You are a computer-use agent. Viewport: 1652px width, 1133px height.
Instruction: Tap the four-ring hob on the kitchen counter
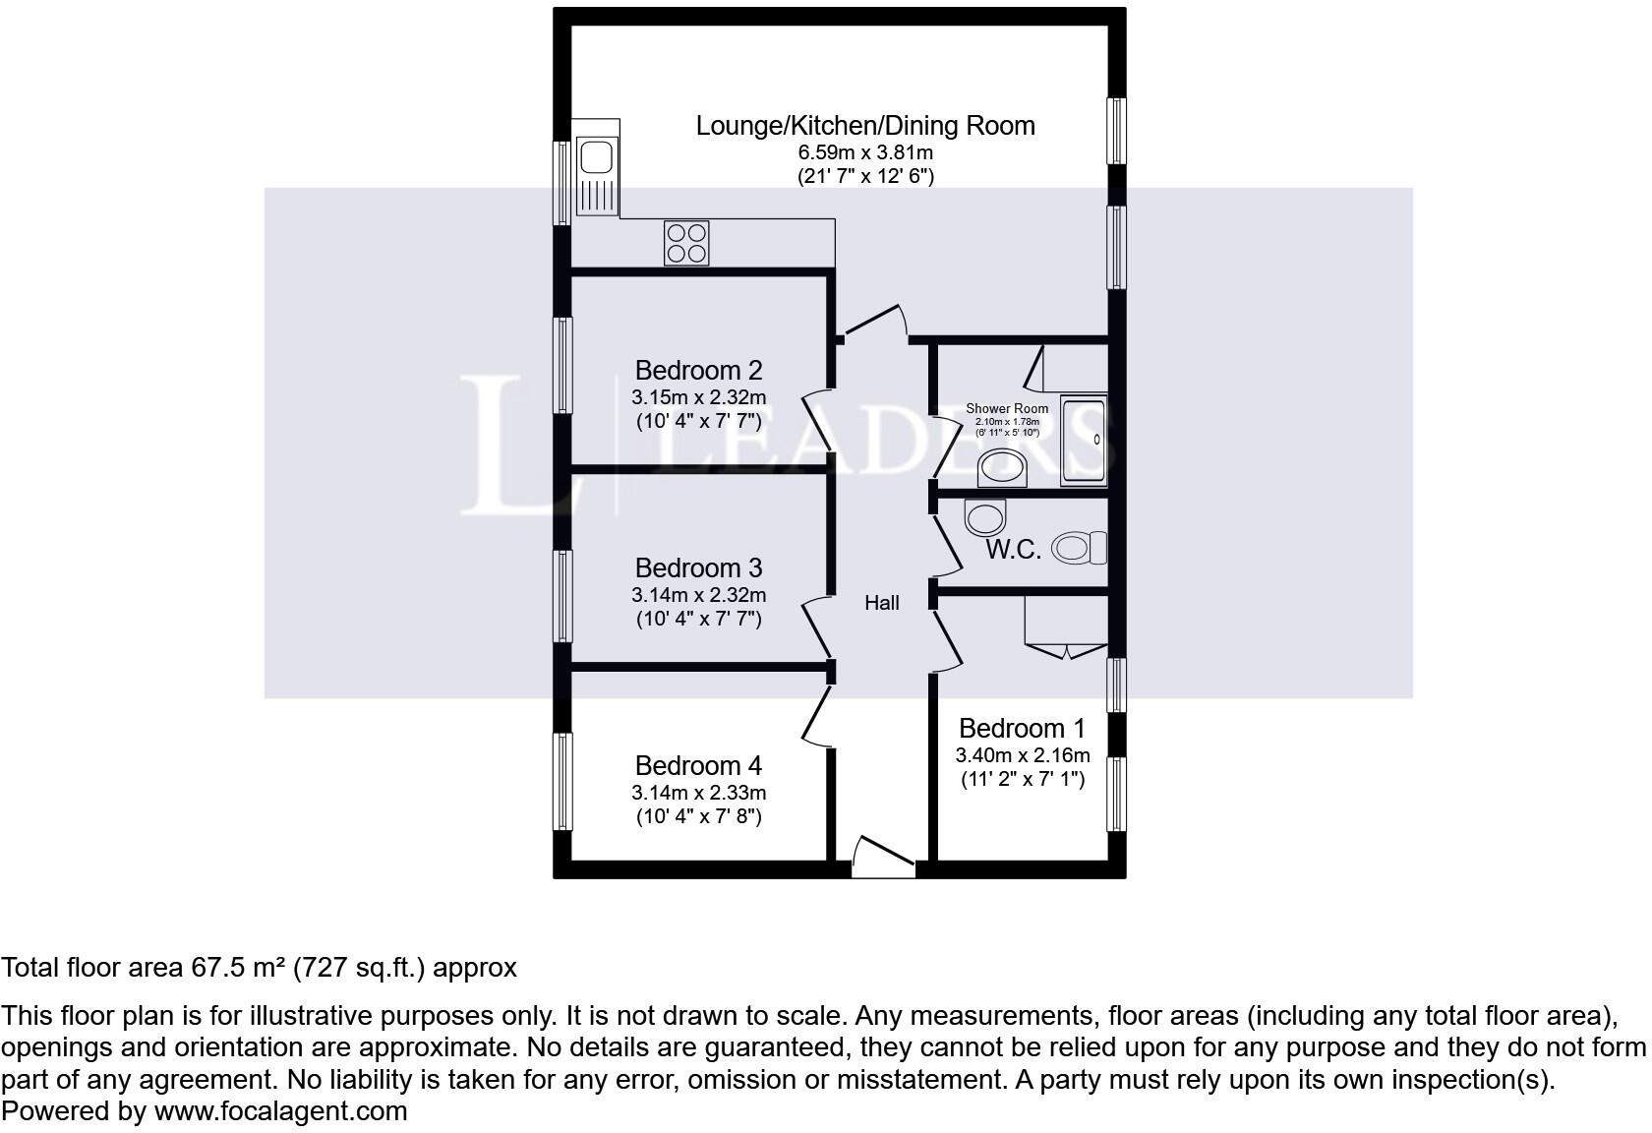point(686,243)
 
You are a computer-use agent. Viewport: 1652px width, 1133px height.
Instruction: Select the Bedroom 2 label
point(698,370)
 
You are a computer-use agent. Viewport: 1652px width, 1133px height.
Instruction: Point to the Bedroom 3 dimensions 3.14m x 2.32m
point(698,594)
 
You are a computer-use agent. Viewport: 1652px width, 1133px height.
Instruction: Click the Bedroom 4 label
point(698,765)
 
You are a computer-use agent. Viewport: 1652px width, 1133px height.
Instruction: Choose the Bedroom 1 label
point(1023,728)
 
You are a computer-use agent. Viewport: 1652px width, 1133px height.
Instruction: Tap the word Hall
point(882,603)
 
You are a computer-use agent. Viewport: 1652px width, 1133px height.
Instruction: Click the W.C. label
point(1013,550)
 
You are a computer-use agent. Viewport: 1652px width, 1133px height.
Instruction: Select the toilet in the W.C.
point(1079,548)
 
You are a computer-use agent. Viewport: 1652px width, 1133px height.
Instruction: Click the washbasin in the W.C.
point(985,517)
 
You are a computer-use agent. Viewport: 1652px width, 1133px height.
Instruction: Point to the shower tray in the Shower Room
point(1084,441)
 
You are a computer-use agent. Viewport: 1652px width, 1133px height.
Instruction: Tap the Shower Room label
point(1007,409)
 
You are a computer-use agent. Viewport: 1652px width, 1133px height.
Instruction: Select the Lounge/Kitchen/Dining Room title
point(865,126)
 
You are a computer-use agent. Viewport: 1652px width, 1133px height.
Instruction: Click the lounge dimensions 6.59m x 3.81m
point(865,152)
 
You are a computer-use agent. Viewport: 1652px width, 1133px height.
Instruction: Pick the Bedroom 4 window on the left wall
point(562,781)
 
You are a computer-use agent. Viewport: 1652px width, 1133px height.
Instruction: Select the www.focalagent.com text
point(280,1111)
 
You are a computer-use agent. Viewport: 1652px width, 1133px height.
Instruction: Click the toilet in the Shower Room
point(1002,468)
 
